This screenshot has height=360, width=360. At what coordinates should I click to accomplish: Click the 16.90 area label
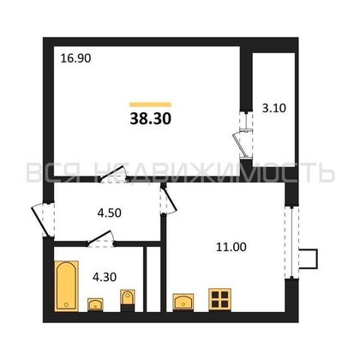75,58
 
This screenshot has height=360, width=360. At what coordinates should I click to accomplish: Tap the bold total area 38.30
151,118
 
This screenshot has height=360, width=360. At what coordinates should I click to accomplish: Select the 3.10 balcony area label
274,108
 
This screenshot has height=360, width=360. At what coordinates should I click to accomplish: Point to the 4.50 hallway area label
110,213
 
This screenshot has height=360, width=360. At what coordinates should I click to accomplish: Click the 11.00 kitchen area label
231,247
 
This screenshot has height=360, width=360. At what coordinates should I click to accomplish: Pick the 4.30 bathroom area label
105,277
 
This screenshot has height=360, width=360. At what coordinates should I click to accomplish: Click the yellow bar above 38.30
150,105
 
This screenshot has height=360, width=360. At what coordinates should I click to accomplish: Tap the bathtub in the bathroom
66,285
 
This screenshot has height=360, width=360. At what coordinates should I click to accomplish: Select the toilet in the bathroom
128,300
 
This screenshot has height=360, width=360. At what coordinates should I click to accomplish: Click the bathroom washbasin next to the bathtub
95,304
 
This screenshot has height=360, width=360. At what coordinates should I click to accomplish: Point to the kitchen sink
183,302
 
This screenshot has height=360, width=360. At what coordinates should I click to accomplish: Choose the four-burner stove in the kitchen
219,299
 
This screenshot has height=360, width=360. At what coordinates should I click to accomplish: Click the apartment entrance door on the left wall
43,219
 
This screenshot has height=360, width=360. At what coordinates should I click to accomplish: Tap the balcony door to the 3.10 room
243,135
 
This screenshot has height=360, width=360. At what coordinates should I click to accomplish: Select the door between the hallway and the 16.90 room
113,174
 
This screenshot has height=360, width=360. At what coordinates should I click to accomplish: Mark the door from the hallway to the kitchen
169,200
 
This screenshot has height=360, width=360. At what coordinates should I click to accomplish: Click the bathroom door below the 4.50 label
101,239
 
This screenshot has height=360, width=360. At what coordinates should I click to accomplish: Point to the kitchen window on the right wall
291,242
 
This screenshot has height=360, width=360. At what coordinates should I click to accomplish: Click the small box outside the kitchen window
309,259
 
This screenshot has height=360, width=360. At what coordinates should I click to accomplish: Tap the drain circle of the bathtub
66,304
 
